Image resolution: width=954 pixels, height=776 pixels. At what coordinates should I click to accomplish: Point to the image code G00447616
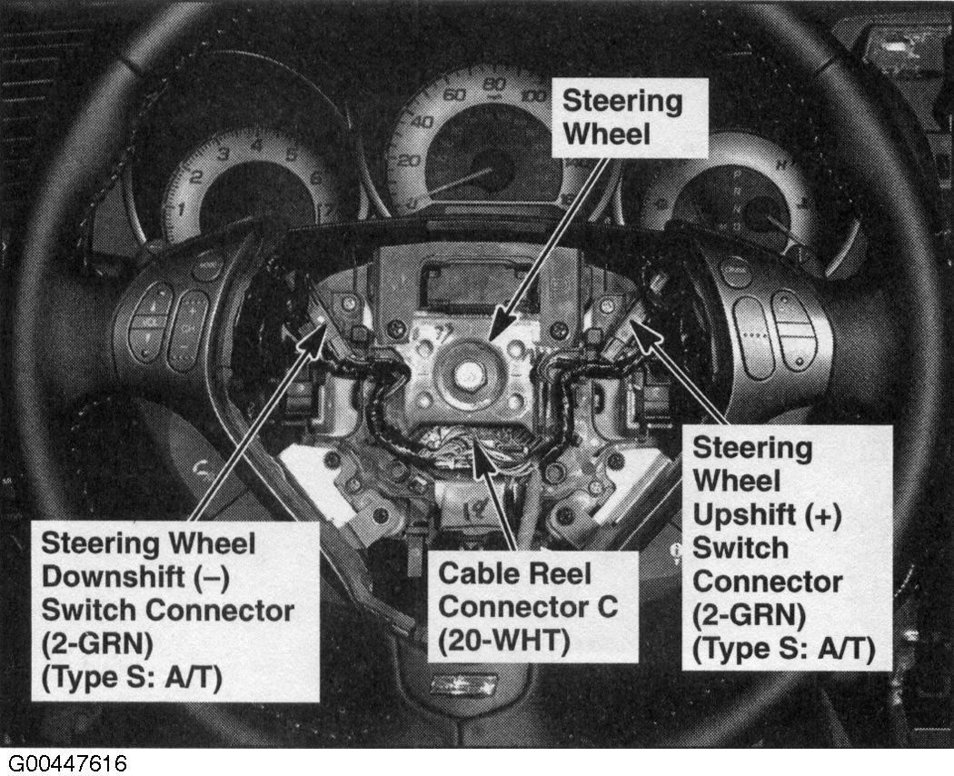point(67,763)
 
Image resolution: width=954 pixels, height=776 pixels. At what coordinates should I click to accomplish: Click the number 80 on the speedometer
point(494,85)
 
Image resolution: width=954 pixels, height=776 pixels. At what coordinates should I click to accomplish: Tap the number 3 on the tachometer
point(223,154)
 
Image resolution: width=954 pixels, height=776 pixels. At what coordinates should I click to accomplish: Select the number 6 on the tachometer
point(315,178)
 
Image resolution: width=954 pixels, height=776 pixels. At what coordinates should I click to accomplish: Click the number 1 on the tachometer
point(181,210)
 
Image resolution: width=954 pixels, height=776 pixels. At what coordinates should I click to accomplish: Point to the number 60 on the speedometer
point(454,95)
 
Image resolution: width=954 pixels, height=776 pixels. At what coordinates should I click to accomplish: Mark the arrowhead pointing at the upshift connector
point(647,333)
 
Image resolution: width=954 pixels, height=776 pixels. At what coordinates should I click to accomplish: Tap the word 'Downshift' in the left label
point(113,577)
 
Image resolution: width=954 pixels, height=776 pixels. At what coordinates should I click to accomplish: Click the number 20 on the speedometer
point(409,160)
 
